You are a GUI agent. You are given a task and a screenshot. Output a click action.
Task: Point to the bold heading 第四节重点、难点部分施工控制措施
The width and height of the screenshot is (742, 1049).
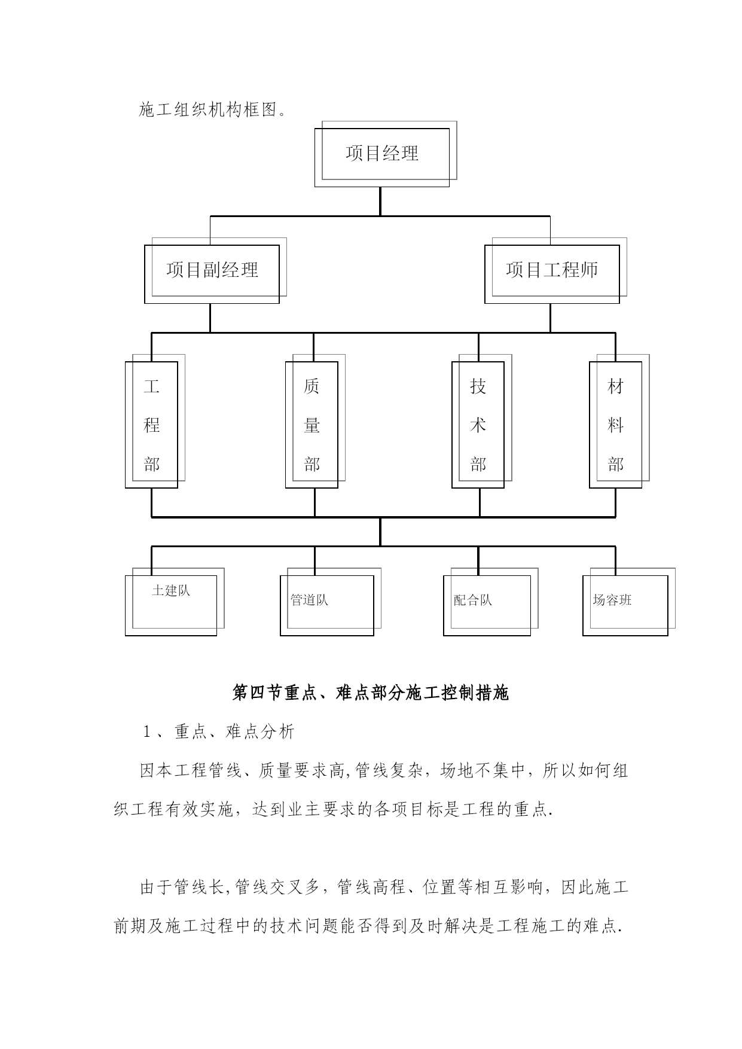(371, 693)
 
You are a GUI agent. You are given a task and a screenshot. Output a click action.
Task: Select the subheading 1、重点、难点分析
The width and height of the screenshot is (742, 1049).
(218, 731)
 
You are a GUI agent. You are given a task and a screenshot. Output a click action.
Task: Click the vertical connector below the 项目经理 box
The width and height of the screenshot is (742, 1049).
(380, 202)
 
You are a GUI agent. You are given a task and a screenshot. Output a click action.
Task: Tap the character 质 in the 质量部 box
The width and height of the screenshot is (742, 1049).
(312, 386)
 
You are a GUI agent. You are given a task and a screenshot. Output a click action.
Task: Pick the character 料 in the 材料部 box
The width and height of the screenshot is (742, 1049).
(616, 425)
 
